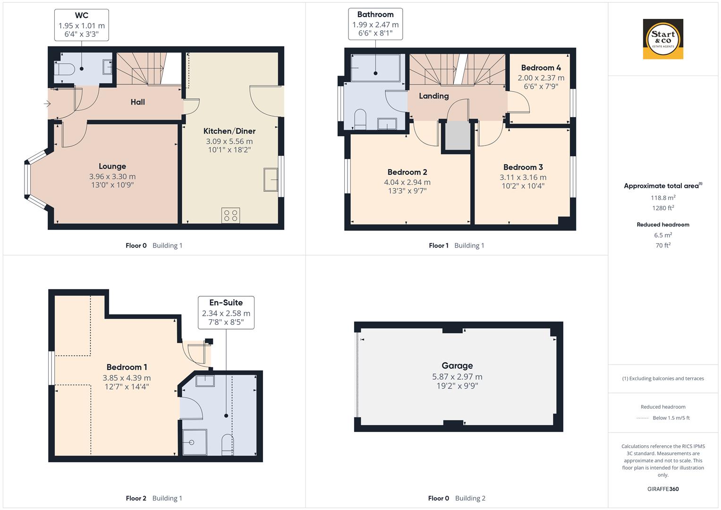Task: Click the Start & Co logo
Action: (x=663, y=39)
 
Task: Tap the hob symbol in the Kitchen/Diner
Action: (x=230, y=216)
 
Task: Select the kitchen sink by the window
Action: (x=271, y=179)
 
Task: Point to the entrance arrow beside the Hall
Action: (x=47, y=103)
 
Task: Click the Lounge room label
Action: (x=112, y=166)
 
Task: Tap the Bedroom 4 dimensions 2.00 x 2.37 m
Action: (x=541, y=78)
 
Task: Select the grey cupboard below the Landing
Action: (x=457, y=136)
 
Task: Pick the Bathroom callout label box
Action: (x=375, y=24)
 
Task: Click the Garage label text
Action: (x=457, y=365)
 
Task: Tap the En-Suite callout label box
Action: (x=226, y=312)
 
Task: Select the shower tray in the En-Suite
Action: (x=195, y=442)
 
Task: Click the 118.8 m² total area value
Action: (x=663, y=198)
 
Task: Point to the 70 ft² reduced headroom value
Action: (x=663, y=245)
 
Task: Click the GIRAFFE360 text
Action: (x=663, y=489)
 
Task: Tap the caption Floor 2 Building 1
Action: (x=154, y=498)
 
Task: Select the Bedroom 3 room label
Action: (x=523, y=167)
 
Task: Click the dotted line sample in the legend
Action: (x=643, y=418)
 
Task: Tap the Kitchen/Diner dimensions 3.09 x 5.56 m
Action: (x=229, y=141)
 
